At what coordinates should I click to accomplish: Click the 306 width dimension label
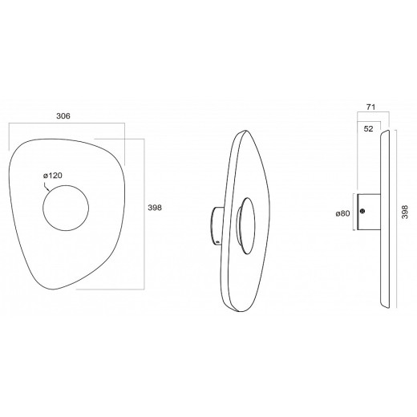pos(63,116)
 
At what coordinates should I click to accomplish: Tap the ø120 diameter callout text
pos(53,176)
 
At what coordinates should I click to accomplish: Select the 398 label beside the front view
pos(155,208)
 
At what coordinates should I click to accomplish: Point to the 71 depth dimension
pos(370,107)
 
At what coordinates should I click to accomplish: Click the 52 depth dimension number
pos(368,129)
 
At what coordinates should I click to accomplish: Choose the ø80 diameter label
pos(342,213)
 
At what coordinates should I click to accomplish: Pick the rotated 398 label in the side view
pos(405,212)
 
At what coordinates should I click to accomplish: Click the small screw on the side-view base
pos(362,211)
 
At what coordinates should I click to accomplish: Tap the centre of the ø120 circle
pos(66,208)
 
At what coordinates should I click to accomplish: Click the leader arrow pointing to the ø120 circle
pos(47,186)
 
